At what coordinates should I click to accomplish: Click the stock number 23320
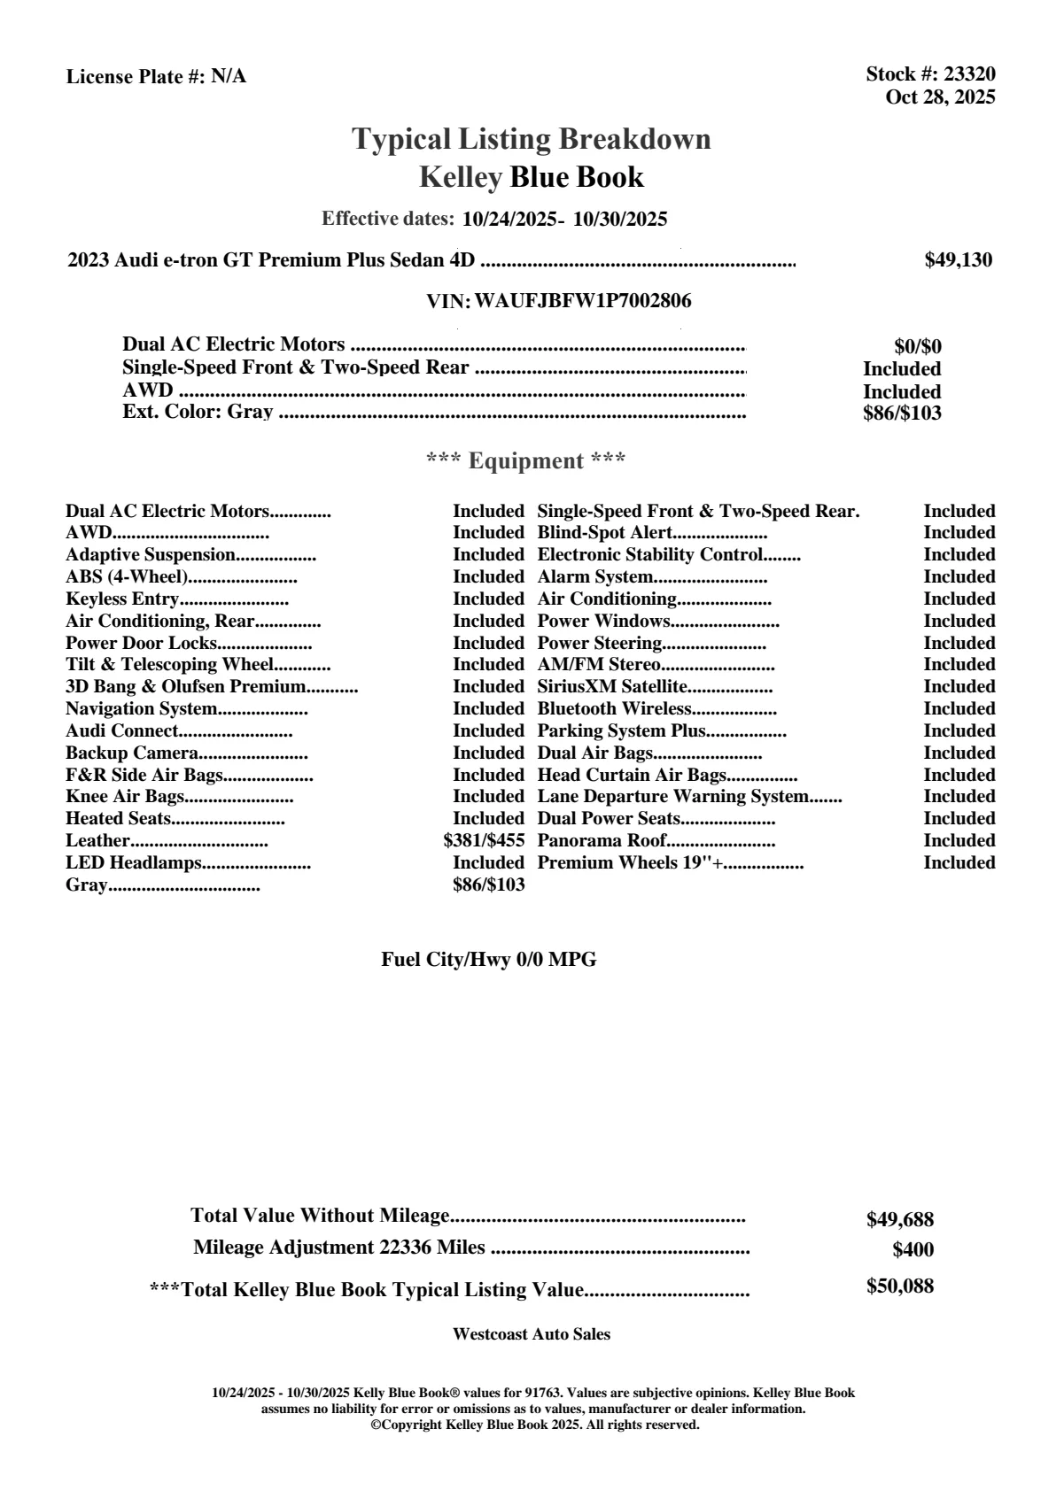[969, 74]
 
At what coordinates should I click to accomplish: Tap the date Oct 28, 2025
[940, 97]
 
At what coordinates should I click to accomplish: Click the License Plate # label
[136, 77]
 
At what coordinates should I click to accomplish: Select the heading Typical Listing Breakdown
[532, 139]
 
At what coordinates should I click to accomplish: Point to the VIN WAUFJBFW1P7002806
[583, 301]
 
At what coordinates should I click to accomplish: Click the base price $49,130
[959, 259]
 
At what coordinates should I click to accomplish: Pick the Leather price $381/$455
[484, 840]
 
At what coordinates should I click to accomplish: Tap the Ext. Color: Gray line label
[198, 412]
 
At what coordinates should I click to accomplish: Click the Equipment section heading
[526, 460]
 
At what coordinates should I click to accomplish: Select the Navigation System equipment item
[142, 708]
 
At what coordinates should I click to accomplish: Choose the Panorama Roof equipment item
[602, 840]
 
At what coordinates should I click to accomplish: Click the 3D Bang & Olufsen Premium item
[185, 686]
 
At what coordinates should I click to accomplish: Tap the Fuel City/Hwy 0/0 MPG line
[489, 959]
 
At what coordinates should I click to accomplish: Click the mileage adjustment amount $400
[913, 1249]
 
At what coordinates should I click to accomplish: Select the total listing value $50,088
[899, 1286]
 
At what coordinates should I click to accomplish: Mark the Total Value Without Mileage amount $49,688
[899, 1219]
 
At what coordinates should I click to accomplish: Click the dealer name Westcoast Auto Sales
[532, 1333]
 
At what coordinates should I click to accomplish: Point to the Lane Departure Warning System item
[673, 796]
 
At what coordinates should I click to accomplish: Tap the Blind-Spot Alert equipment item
[605, 532]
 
